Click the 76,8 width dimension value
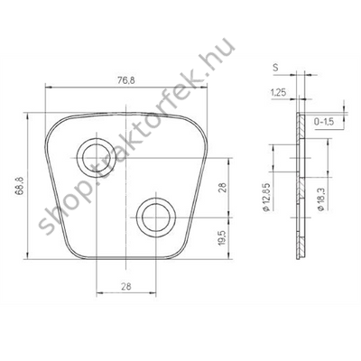[x=126, y=80]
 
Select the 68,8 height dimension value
[x=20, y=187]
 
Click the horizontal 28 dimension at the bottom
[x=126, y=286]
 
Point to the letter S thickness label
[x=275, y=68]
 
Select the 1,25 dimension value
[x=278, y=93]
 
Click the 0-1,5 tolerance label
[x=324, y=122]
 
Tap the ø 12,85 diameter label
[x=267, y=197]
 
